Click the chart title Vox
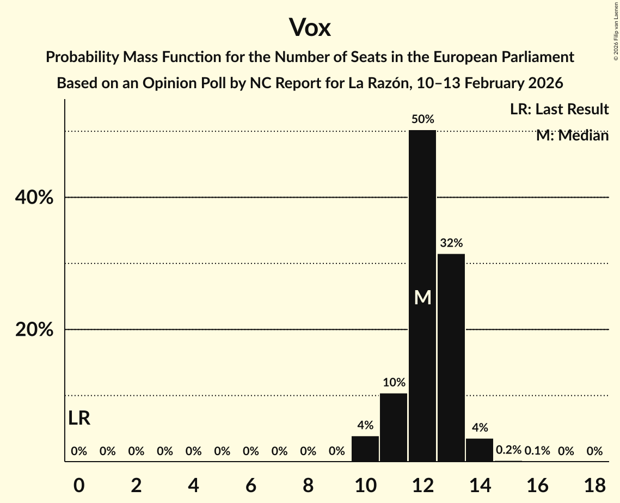point(310,27)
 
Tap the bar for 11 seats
point(394,427)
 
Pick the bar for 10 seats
point(365,449)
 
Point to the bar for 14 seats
point(480,450)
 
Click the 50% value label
point(422,119)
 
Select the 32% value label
point(451,243)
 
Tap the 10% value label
point(394,382)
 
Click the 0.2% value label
point(508,450)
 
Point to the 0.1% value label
point(537,451)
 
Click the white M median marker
point(422,297)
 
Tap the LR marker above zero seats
point(79,418)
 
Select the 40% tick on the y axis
point(34,198)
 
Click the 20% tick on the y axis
point(34,330)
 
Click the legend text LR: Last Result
point(559,109)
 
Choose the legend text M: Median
point(572,136)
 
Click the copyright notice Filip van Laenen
point(616,30)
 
